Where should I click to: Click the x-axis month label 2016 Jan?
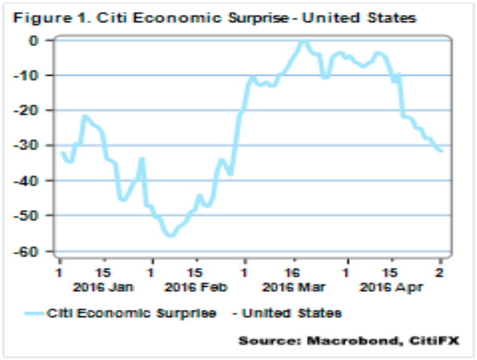click(x=103, y=287)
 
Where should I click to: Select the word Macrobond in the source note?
click(x=355, y=342)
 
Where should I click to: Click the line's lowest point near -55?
click(x=170, y=234)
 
